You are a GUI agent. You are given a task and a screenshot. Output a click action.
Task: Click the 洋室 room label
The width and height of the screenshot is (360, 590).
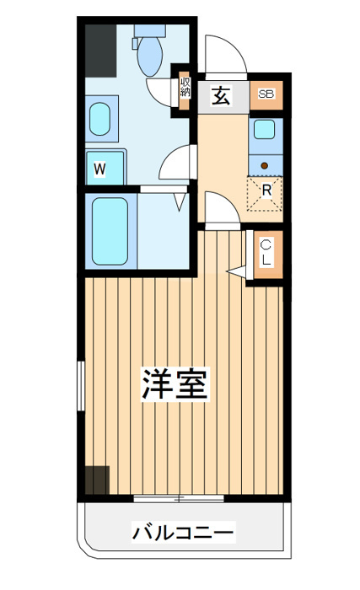pyautogui.click(x=175, y=384)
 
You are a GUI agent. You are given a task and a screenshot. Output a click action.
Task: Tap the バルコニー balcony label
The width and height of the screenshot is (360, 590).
pyautogui.click(x=184, y=533)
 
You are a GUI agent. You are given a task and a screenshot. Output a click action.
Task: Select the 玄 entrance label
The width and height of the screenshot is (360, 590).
pyautogui.click(x=221, y=96)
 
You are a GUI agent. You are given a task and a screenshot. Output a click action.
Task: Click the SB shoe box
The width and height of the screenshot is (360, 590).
pyautogui.click(x=266, y=94)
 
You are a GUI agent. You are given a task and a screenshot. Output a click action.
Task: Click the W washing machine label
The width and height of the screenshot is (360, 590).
pyautogui.click(x=99, y=169)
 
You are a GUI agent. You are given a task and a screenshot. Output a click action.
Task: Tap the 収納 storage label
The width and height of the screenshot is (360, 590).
pyautogui.click(x=185, y=87)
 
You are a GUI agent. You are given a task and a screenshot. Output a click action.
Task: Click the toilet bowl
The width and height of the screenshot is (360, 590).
pyautogui.click(x=150, y=56)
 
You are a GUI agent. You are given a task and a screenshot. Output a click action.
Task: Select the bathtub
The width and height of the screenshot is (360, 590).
pyautogui.click(x=110, y=231)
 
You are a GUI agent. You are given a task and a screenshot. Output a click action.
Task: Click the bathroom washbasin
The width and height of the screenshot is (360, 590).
pyautogui.click(x=99, y=119)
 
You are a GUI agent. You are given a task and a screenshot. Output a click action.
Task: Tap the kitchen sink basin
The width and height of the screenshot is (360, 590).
pyautogui.click(x=265, y=129)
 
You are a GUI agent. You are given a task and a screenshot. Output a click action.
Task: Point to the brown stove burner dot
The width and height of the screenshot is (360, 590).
pyautogui.click(x=265, y=165)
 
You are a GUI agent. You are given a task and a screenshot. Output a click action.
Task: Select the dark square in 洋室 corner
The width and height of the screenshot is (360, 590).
pyautogui.click(x=97, y=480)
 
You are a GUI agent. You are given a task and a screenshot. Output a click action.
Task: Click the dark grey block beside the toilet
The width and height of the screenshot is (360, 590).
pyautogui.click(x=100, y=51)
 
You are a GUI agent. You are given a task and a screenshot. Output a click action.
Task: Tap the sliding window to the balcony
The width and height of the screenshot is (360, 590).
pyautogui.click(x=179, y=499)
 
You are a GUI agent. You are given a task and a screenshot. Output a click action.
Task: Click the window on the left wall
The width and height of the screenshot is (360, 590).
pyautogui.click(x=81, y=386)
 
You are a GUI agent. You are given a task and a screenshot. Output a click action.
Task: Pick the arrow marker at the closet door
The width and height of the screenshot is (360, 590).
pyautogui.click(x=236, y=271)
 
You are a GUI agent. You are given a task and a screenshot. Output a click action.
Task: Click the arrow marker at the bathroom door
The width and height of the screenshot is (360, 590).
pyautogui.click(x=180, y=201)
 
